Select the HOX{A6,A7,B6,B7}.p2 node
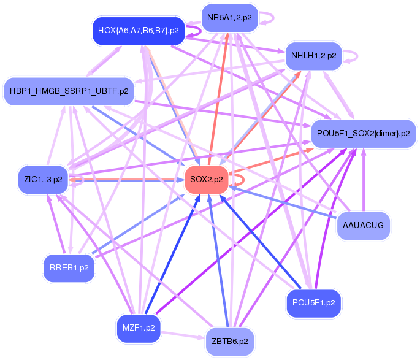(139, 30)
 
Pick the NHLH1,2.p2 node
(313, 55)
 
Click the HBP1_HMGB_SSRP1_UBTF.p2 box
(69, 91)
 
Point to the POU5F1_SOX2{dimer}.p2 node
(364, 133)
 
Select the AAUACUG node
(364, 225)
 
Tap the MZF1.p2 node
(138, 327)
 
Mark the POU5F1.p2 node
(313, 303)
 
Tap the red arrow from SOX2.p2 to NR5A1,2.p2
(219, 98)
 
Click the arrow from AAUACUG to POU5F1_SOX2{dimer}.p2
(364, 184)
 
